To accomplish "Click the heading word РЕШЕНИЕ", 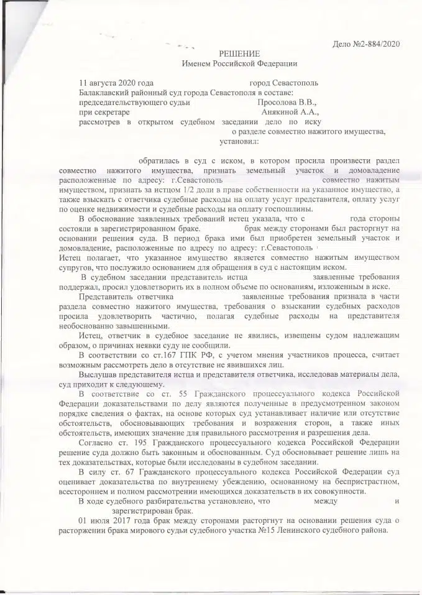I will tap(239, 53).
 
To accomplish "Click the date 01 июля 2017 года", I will tap(114, 520).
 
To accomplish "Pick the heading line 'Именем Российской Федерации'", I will tap(239, 63).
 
